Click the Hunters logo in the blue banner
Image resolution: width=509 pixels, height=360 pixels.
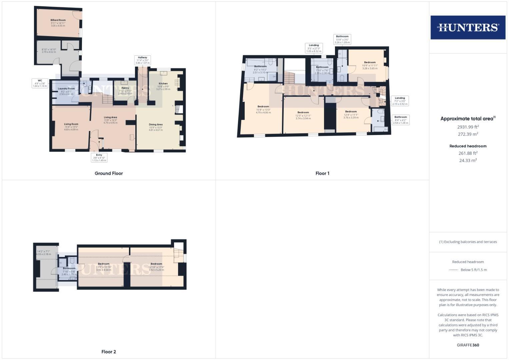click(468, 27)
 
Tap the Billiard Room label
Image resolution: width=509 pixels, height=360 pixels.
click(58, 20)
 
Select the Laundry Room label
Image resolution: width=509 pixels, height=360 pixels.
click(66, 89)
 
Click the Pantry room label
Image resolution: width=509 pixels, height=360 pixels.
click(125, 88)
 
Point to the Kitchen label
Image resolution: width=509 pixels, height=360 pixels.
click(163, 84)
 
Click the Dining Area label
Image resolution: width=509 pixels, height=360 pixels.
click(156, 125)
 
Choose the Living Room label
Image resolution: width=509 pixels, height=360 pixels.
click(71, 124)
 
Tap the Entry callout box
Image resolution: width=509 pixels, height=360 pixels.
click(99, 158)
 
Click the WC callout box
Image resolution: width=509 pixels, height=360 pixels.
click(40, 83)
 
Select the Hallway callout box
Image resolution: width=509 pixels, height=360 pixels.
click(142, 60)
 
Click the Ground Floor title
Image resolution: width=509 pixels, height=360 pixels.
click(109, 173)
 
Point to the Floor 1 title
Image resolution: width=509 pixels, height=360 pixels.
click(322, 173)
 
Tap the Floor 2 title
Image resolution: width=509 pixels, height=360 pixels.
click(109, 352)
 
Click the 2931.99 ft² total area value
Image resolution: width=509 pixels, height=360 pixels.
click(468, 127)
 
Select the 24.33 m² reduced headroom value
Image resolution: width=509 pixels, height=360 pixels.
click(468, 160)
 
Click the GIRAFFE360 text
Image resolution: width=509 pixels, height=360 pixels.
click(468, 345)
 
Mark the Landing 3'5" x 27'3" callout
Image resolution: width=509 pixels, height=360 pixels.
click(314, 48)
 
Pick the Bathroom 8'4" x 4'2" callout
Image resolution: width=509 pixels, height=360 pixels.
click(400, 120)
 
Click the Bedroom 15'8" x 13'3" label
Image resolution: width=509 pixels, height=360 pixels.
click(263, 107)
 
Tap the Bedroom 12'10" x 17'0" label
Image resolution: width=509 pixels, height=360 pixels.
click(156, 264)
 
